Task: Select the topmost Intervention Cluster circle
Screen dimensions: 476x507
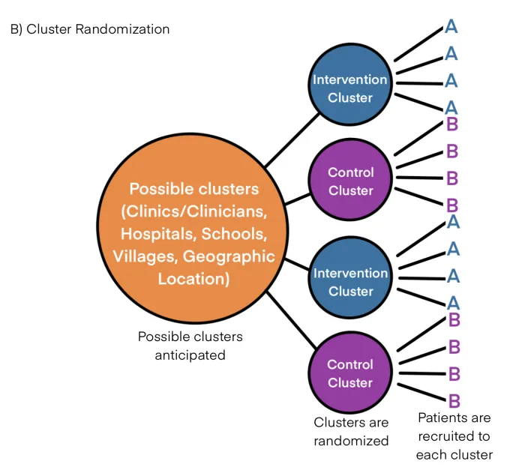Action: tap(349, 88)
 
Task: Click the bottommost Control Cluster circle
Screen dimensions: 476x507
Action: tap(349, 373)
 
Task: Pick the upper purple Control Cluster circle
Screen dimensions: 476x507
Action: tap(349, 181)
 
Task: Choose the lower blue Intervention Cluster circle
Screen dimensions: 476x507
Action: tap(349, 282)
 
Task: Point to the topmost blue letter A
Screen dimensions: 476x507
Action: tap(451, 27)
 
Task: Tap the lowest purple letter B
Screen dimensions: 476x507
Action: tap(454, 400)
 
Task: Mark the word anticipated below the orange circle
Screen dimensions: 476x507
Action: tap(190, 355)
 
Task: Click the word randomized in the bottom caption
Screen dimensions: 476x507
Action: tap(351, 441)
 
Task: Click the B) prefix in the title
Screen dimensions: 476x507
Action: tap(16, 29)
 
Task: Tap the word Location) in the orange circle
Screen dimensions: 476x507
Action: tap(193, 279)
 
